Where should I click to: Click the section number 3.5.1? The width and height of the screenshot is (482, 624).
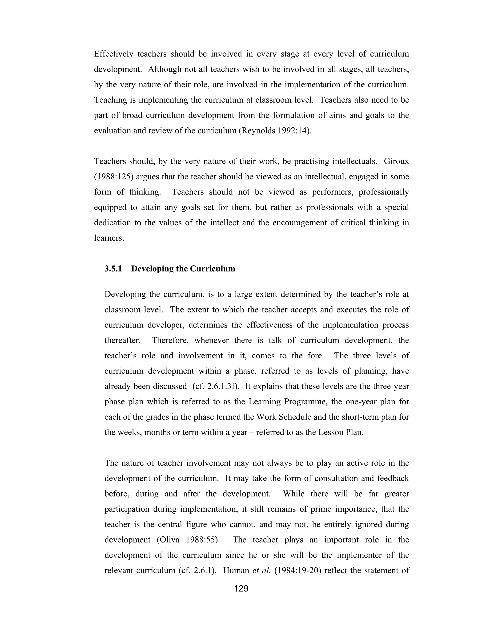click(x=113, y=269)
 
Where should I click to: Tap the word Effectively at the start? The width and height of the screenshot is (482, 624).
click(x=113, y=54)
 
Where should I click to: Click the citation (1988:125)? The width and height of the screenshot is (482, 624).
click(x=114, y=177)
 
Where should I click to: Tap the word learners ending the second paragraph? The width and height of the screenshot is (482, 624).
click(x=109, y=238)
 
